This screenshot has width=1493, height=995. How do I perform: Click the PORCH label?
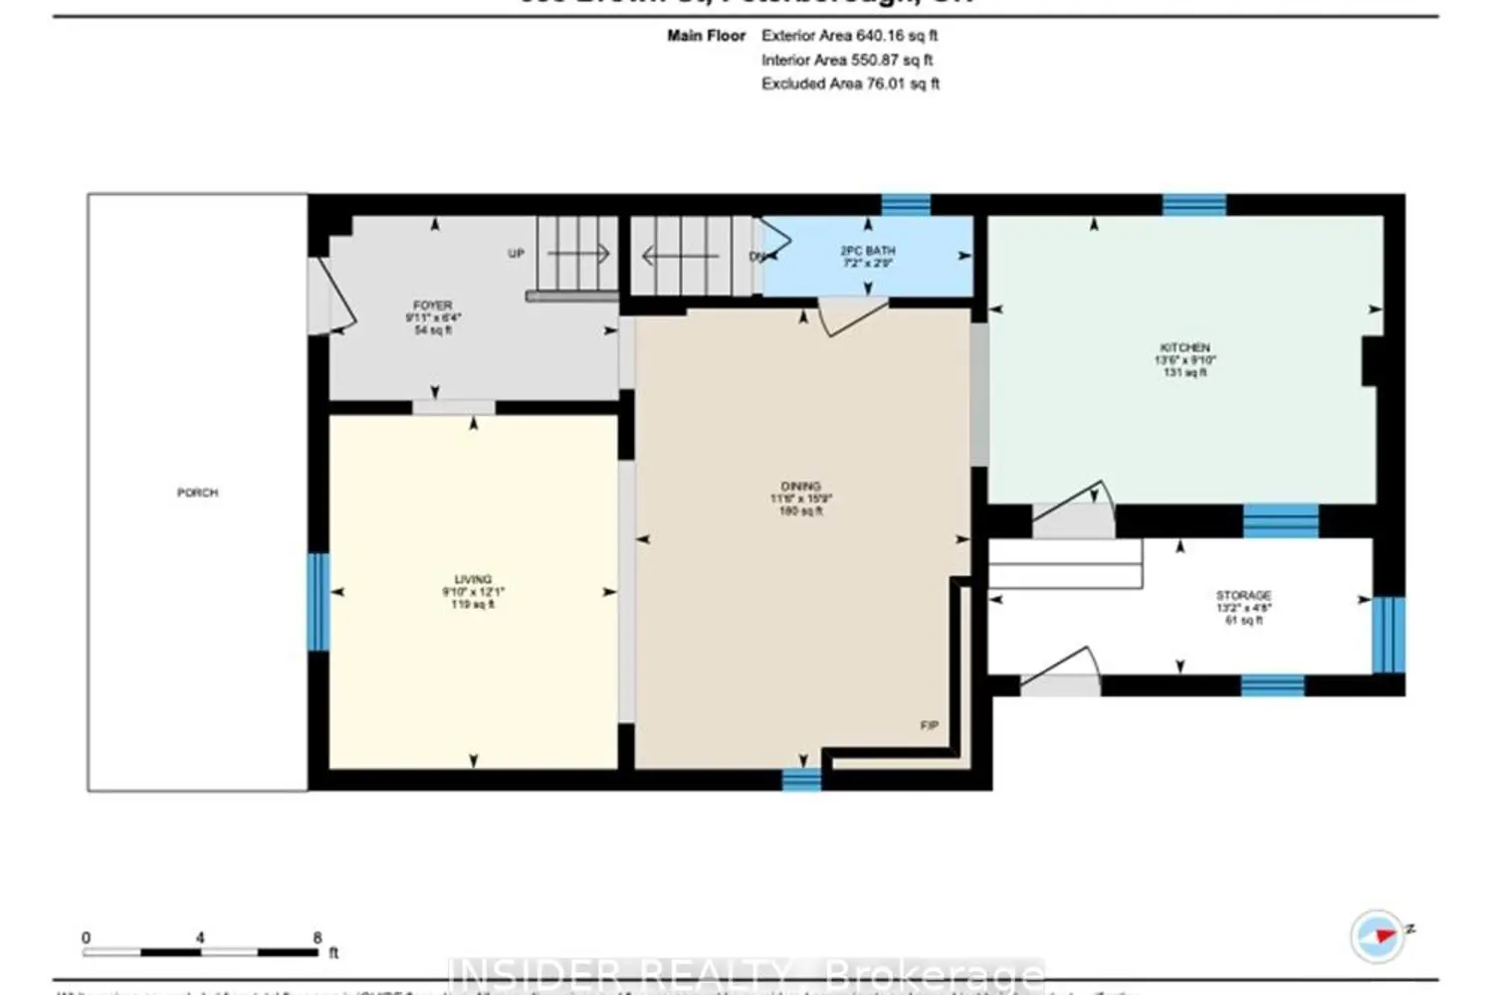pos(197,493)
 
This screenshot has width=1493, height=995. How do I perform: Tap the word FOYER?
pos(432,304)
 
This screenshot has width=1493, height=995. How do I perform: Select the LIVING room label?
pos(473,579)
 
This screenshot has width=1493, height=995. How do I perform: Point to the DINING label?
pos(800,487)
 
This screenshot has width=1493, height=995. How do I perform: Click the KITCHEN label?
pos(1184,347)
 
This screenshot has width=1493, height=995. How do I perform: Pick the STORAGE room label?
pos(1243,595)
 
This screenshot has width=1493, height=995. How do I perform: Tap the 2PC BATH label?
pos(867,251)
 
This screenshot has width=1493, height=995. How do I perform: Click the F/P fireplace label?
pos(929,725)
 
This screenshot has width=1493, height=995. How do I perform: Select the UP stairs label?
pos(516,254)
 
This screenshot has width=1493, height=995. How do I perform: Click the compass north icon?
pos(1378,935)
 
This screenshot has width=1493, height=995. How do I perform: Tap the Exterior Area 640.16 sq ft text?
pos(849,35)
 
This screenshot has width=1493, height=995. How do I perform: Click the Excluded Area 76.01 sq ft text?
pos(850,84)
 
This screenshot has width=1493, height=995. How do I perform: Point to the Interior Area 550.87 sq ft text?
pos(847,60)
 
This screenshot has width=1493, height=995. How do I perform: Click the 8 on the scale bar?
pos(318,937)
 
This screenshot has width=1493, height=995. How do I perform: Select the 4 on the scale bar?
pos(200,937)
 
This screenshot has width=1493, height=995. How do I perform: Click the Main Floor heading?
pos(706,35)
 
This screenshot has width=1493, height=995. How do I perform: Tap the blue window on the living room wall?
pos(318,601)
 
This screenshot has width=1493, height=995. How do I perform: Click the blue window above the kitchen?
pos(1193,205)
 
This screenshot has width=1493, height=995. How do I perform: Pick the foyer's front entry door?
pos(328,297)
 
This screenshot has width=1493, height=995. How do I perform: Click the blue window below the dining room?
pos(801,779)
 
